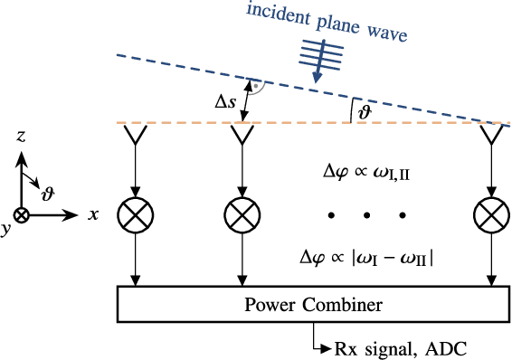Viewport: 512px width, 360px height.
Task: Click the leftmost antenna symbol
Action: (x=136, y=136)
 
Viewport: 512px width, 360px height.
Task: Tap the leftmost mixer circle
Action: (x=136, y=214)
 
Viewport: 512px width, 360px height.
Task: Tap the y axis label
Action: (x=6, y=229)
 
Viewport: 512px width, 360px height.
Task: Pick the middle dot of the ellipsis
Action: (x=365, y=214)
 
